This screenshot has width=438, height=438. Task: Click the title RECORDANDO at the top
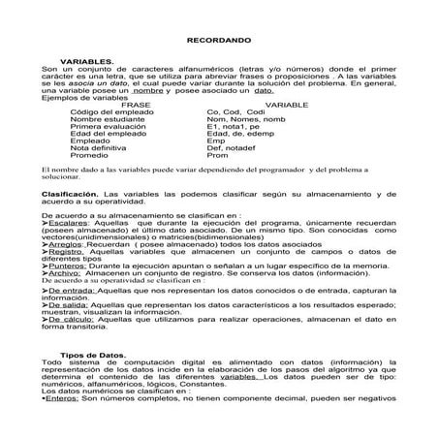(219, 43)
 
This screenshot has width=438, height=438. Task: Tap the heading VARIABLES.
(87, 60)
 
